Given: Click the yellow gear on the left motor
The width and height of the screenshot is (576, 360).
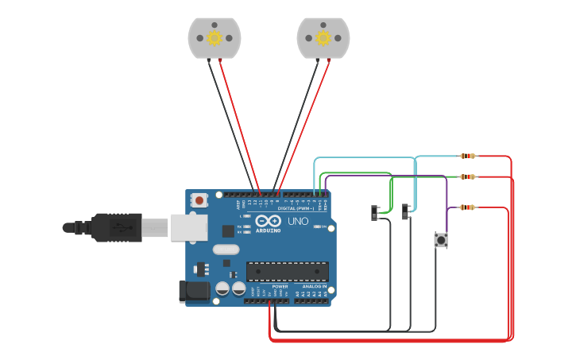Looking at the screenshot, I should tap(215, 37).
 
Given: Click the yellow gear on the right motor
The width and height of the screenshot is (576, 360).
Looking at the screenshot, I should tap(323, 37).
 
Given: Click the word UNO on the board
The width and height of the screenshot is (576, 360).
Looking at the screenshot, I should tap(298, 221).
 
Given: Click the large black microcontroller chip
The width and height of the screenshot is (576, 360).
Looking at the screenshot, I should tap(287, 272).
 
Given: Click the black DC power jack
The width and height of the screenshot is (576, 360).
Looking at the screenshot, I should tap(195, 292).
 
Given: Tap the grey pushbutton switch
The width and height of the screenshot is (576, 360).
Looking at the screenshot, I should tap(440, 240).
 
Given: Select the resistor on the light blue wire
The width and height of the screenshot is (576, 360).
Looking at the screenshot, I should tap(468, 157).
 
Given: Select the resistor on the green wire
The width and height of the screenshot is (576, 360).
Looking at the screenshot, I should tap(468, 176).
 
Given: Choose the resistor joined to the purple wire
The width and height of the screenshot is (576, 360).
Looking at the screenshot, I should tap(467, 207).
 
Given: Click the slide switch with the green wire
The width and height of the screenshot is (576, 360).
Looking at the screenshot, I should tap(376, 212).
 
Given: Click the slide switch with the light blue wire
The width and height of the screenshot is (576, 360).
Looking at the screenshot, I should tap(407, 211).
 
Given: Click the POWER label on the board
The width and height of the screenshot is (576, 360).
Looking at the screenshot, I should tap(280, 286).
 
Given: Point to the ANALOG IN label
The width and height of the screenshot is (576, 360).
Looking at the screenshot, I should tap(315, 286).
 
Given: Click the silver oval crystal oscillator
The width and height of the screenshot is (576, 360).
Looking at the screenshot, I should tap(226, 250).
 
